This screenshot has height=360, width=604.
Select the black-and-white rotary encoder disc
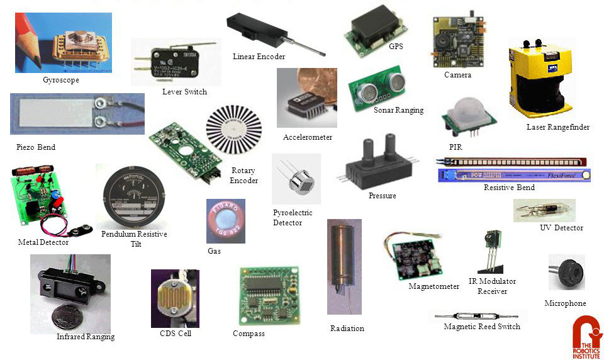coord(233,133)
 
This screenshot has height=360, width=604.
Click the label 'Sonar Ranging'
coord(398,110)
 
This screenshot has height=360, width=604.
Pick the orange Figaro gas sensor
coord(225,221)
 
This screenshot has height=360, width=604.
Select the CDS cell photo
coord(174,298)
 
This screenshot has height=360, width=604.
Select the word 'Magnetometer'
coord(434,286)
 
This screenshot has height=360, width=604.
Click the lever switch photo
coord(176,62)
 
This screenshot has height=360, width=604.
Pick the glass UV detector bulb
coord(544,210)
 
